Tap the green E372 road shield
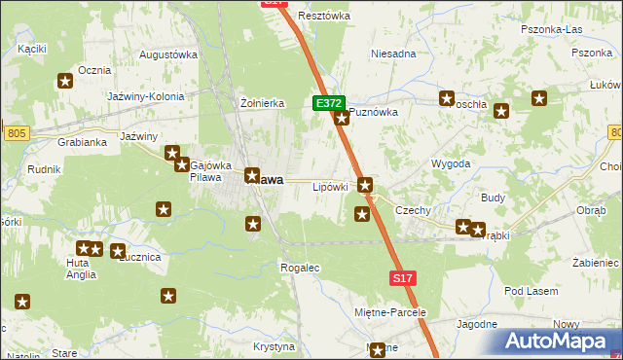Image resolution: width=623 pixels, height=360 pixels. (x=327, y=102)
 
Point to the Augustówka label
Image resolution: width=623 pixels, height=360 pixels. (x=168, y=55)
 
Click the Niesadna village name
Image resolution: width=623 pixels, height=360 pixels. (x=393, y=54)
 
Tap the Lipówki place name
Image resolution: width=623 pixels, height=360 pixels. (x=330, y=186)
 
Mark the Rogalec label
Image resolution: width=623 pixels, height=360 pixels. (x=299, y=267)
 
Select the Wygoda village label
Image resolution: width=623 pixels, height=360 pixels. (x=451, y=163)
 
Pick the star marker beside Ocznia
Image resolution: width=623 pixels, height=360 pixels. (x=66, y=83)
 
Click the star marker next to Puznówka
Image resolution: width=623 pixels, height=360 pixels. (x=342, y=119)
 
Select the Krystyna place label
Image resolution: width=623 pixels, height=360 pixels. (x=274, y=346)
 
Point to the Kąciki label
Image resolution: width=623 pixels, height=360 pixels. (x=32, y=48)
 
